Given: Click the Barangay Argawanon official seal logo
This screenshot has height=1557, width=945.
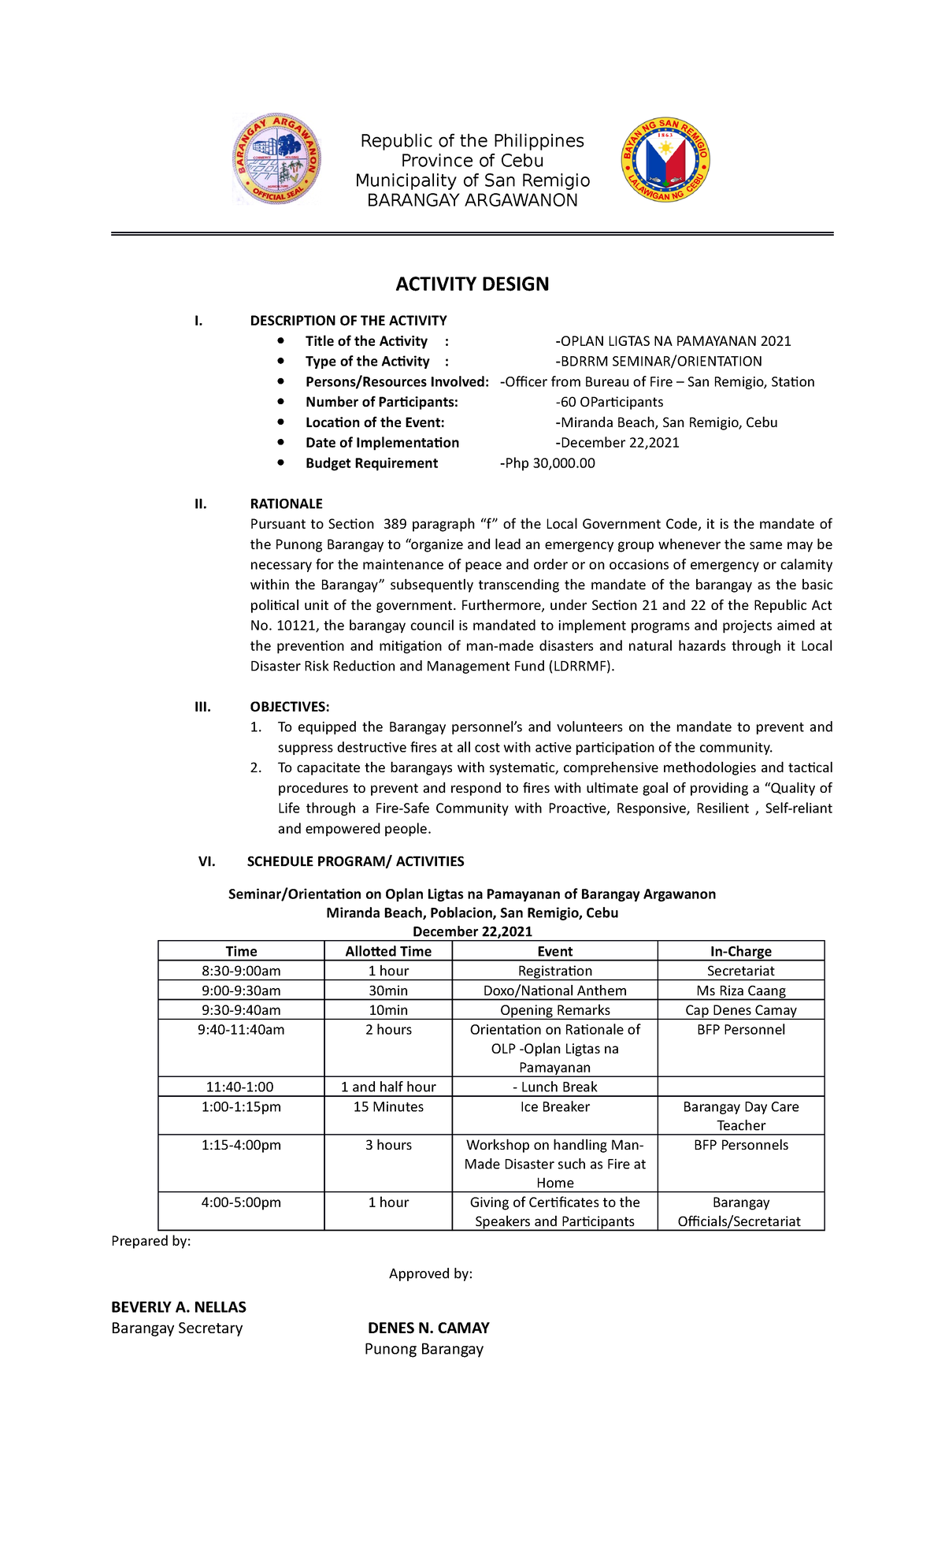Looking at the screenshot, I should click(x=276, y=159).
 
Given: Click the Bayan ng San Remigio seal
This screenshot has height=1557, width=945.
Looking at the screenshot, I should click(x=666, y=160).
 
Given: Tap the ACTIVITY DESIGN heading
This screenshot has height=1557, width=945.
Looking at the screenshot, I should click(x=472, y=284).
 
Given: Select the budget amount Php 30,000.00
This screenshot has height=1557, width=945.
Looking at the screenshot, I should click(x=549, y=463).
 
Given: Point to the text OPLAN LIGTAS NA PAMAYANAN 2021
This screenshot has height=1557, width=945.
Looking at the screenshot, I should click(x=674, y=341).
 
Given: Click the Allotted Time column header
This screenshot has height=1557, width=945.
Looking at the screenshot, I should click(x=388, y=951).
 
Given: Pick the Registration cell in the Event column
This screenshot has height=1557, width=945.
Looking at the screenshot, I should click(x=554, y=971).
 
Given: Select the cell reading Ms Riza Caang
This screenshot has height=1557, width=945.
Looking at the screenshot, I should click(x=740, y=990).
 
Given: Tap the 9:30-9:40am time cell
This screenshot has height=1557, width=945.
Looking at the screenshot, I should click(x=241, y=1010).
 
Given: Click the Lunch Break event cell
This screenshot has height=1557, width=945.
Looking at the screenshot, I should click(x=554, y=1087).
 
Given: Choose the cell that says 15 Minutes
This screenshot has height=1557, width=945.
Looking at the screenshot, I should click(x=388, y=1106).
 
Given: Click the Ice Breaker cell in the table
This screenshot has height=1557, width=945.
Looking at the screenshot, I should click(x=554, y=1106).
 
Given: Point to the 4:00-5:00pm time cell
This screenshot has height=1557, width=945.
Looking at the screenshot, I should click(x=241, y=1202).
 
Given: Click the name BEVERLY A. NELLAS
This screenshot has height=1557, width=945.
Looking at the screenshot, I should click(x=179, y=1307).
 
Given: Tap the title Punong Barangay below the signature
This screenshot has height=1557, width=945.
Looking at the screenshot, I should click(x=424, y=1349).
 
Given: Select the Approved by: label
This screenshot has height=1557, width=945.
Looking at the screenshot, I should click(x=430, y=1274).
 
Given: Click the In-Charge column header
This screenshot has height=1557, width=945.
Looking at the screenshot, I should click(x=740, y=951).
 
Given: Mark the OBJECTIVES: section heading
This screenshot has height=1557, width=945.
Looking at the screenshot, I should click(x=289, y=707).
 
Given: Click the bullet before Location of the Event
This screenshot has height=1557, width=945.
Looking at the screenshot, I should click(x=280, y=422).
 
